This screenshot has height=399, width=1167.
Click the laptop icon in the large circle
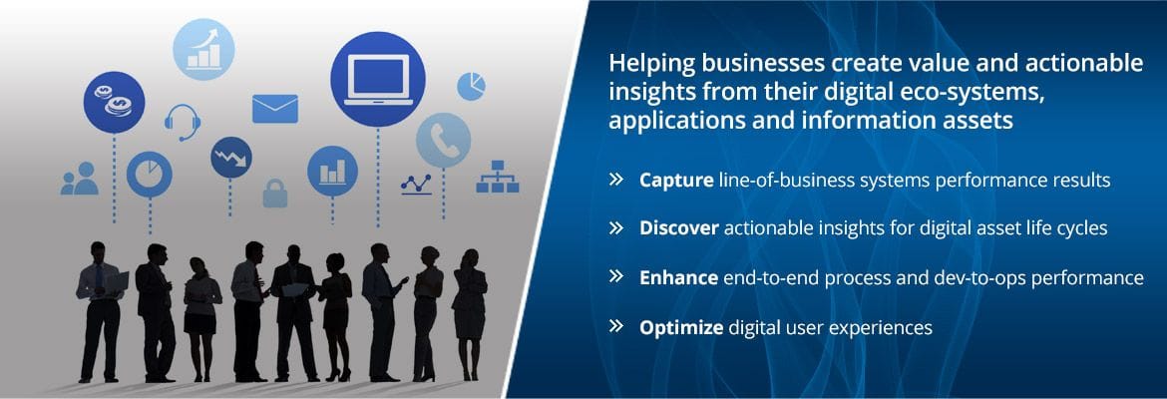[377, 80]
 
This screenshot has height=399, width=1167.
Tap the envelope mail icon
[274, 109]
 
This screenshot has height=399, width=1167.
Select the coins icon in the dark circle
[114, 102]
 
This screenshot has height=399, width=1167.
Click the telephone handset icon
[444, 140]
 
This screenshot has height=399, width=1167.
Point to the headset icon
[183, 122]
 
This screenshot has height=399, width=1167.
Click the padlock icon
[274, 193]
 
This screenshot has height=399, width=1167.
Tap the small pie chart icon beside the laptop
[471, 86]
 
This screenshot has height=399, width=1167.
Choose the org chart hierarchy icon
[497, 178]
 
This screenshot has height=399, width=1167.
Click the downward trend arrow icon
[230, 157]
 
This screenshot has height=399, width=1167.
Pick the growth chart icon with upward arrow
[203, 49]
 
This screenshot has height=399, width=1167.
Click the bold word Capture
[676, 181]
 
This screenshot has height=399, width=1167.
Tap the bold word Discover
[679, 227]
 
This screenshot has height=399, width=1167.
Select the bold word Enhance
[678, 277]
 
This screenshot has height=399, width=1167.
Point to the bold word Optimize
[681, 327]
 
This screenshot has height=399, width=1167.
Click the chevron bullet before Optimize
[615, 326]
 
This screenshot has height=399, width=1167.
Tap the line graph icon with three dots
[416, 184]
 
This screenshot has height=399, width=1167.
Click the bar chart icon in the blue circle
[333, 172]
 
